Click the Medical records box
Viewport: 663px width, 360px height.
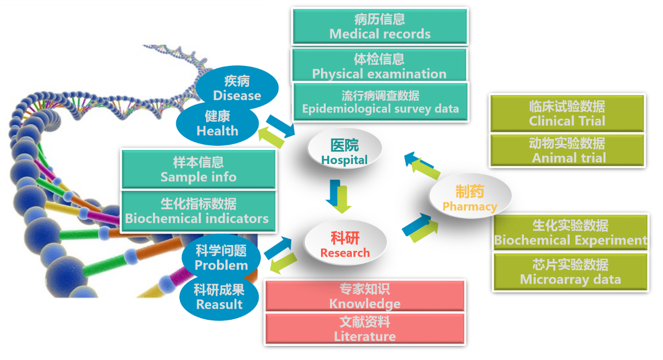click(380, 27)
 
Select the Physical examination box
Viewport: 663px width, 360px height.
click(379, 66)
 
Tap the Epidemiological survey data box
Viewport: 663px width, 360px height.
click(380, 102)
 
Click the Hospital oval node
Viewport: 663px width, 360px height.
click(345, 150)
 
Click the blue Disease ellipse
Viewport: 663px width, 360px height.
click(237, 88)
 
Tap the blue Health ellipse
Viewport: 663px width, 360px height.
click(218, 123)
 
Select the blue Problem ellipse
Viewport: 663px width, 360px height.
click(221, 258)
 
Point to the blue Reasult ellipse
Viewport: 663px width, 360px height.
click(219, 296)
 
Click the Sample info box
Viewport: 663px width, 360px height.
click(198, 169)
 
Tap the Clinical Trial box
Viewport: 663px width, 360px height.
click(567, 113)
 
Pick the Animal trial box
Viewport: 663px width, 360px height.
click(568, 150)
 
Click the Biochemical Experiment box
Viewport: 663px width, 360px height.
click(570, 233)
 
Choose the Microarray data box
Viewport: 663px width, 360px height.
click(570, 272)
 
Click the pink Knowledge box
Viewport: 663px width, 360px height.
click(364, 296)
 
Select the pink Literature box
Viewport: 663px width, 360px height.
click(364, 329)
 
